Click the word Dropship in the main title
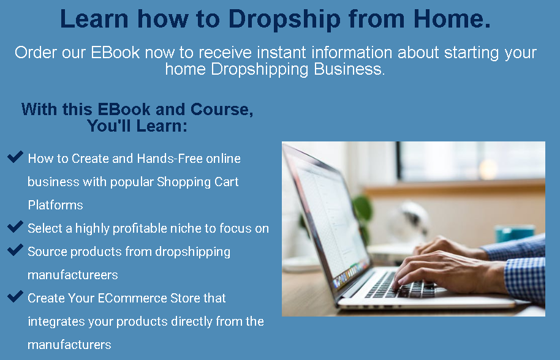pos(284,19)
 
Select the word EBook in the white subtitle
pos(115,53)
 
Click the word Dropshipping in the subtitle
pos(259,69)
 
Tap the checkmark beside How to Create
pos(15,157)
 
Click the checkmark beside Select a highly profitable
pos(15,227)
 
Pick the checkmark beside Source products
pos(15,250)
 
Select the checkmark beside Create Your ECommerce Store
pos(15,296)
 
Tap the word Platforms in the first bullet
pos(55,205)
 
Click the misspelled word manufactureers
pos(72,275)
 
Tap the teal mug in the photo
pos(513,234)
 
